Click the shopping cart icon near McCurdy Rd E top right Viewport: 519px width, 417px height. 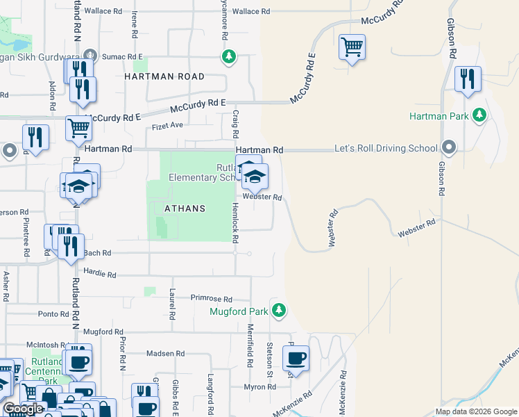point(352,48)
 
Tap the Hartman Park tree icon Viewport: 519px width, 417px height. point(479,115)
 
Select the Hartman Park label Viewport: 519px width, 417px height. point(439,116)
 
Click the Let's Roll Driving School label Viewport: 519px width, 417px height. point(386,149)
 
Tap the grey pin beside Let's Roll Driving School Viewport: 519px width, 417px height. point(449,147)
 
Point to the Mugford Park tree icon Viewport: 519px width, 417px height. point(278,310)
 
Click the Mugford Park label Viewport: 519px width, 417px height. point(239,311)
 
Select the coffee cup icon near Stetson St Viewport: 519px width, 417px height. point(296,359)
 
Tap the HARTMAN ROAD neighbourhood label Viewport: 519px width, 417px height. point(164,76)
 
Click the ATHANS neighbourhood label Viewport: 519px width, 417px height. point(185,208)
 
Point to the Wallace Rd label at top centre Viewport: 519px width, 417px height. point(250,12)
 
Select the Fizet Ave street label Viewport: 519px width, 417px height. point(167,126)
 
